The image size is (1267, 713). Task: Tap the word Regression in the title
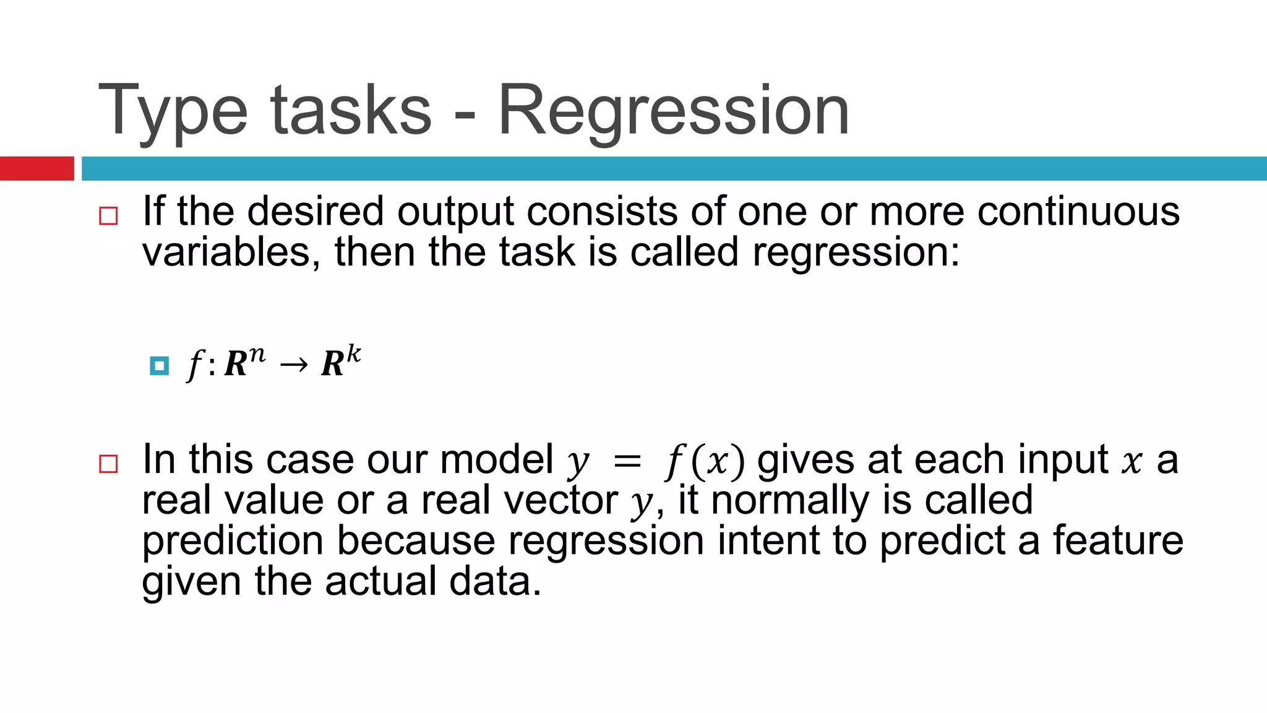pos(673,111)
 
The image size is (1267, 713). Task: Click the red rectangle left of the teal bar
pos(37,168)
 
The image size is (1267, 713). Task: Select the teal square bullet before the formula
pos(160,366)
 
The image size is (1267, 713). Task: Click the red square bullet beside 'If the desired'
pos(108,216)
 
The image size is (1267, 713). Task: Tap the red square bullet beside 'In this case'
pos(108,464)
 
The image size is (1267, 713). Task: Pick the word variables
pos(226,253)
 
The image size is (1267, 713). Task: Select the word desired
pos(316,212)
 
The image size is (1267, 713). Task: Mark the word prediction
pos(233,541)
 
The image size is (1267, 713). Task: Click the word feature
pos(1118,540)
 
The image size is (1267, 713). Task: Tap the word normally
pos(790,500)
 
